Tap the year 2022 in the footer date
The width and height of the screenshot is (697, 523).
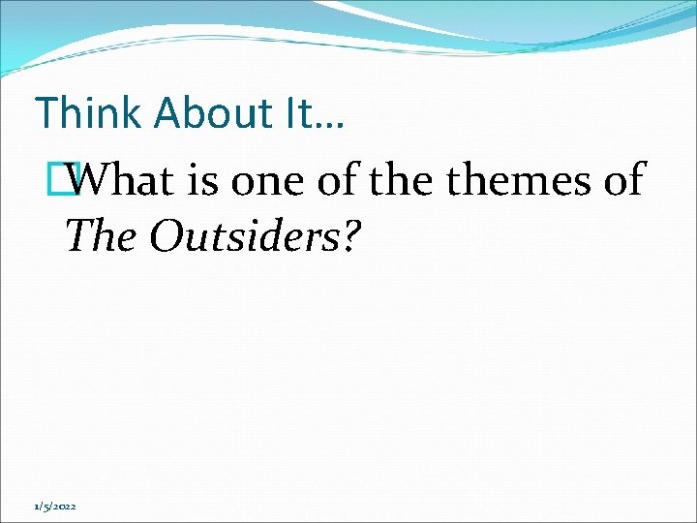tap(68, 506)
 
